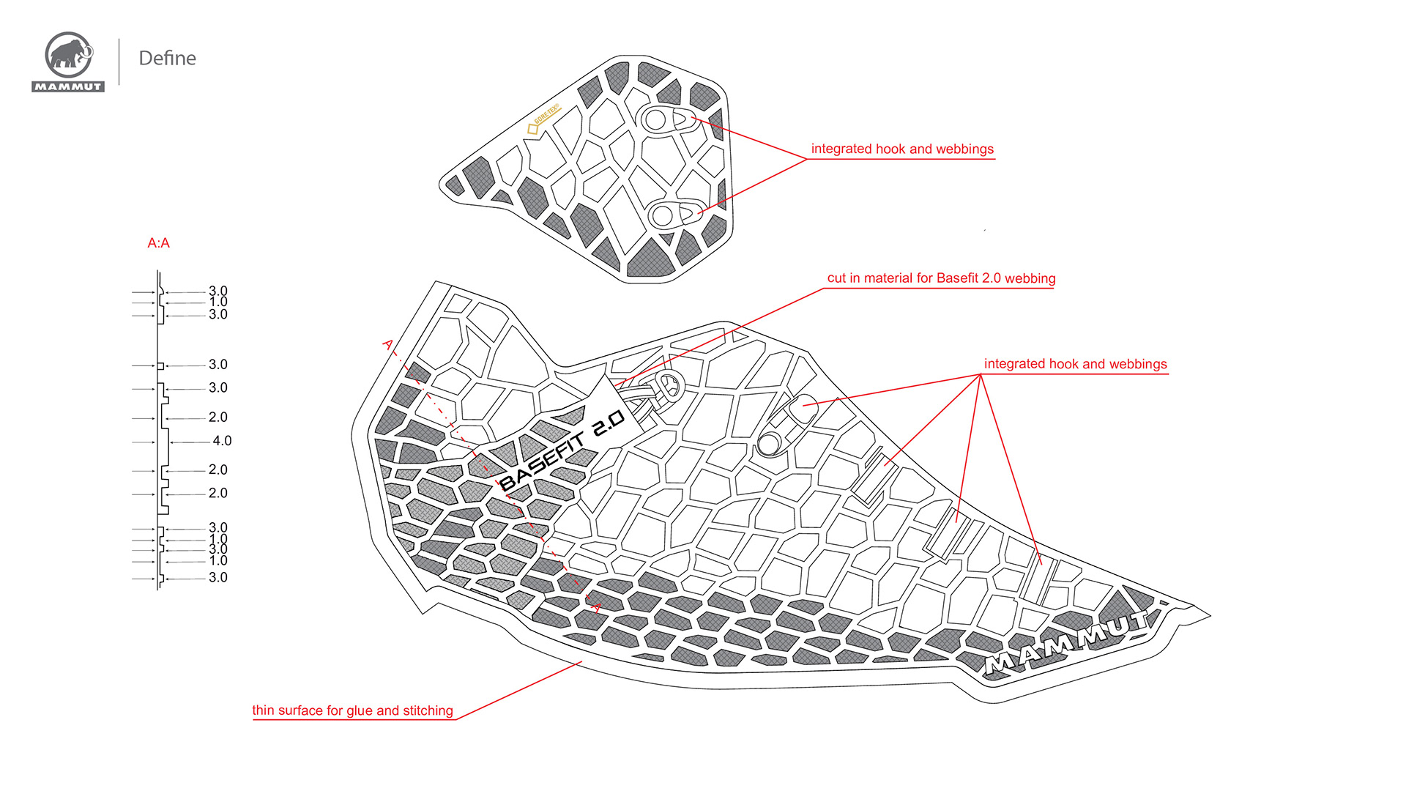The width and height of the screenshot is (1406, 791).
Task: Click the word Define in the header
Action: click(167, 59)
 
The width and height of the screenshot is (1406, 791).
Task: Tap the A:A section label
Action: click(158, 243)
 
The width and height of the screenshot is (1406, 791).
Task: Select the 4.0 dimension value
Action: click(222, 441)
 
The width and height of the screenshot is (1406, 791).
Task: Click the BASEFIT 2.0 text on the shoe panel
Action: click(562, 450)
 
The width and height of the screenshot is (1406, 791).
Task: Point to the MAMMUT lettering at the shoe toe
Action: click(1066, 642)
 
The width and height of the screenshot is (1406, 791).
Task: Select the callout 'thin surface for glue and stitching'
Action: click(352, 710)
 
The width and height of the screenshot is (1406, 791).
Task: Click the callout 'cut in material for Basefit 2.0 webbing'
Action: click(941, 278)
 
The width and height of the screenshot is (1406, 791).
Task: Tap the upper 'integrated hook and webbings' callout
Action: click(902, 149)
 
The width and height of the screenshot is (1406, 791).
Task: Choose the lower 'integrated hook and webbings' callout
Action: click(1075, 364)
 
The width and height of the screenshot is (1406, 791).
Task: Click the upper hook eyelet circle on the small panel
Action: click(655, 120)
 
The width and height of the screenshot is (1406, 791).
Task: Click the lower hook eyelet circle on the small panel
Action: click(662, 215)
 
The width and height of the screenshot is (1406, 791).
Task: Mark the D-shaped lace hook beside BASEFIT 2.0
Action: click(669, 384)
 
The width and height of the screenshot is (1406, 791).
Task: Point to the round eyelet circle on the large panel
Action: click(769, 443)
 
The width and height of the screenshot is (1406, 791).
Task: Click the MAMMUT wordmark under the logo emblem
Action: click(68, 86)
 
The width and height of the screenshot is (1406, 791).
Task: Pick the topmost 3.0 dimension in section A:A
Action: click(218, 291)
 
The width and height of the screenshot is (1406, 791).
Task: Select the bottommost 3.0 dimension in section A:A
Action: click(218, 577)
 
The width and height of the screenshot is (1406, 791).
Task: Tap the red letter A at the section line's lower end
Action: click(597, 607)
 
